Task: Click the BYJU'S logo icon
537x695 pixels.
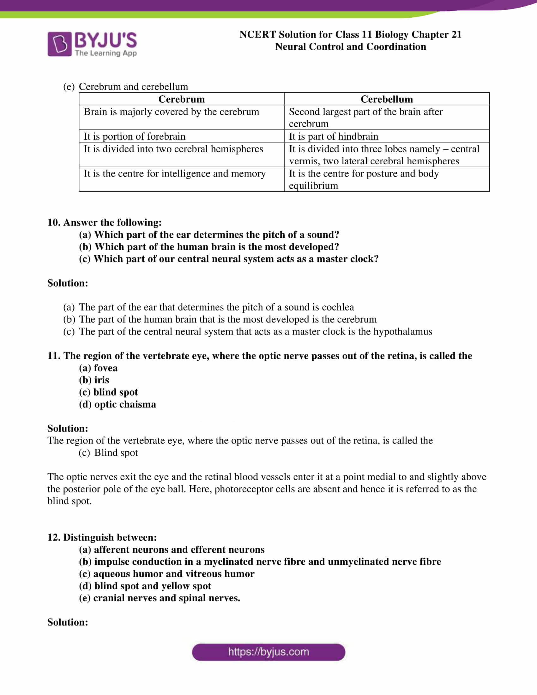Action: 59,44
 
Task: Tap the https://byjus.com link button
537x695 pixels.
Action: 268,652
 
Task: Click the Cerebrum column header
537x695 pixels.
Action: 181,99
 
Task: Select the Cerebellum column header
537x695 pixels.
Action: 387,99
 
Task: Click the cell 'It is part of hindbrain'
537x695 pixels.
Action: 333,136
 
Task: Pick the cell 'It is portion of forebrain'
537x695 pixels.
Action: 134,136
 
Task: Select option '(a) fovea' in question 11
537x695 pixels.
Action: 98,368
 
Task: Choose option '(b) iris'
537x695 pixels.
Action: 94,380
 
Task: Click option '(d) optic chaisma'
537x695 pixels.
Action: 118,404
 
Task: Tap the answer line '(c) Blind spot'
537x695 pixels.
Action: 108,452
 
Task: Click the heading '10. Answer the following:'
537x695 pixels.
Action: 104,222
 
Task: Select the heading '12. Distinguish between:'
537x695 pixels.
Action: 102,537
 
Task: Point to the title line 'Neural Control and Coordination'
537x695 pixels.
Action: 350,47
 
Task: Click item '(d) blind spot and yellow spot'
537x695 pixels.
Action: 145,586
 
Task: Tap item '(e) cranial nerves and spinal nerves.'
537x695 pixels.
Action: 160,598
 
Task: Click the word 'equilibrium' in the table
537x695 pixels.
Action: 313,185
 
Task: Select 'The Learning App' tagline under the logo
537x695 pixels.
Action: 106,53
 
